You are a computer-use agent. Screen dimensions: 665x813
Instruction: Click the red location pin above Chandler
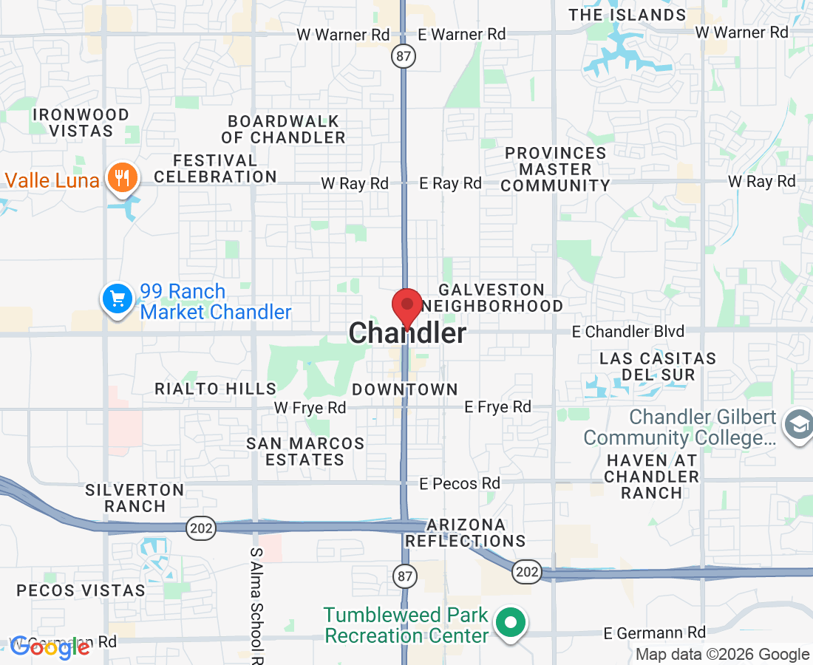406,305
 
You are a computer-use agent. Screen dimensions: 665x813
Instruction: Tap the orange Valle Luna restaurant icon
120,178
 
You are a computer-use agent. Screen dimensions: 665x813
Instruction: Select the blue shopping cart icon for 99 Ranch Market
118,299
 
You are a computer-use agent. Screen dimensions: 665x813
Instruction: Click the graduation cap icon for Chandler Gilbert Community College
799,427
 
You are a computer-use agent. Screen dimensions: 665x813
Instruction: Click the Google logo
50,647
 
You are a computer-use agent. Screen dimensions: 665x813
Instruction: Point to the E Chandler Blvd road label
628,332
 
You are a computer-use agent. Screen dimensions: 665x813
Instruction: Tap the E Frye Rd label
497,406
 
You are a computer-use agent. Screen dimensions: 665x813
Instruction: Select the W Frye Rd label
310,407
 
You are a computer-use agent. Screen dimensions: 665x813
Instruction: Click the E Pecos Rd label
460,483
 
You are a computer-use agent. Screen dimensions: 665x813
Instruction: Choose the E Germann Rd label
654,632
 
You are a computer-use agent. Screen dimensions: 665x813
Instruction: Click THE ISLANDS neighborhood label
627,15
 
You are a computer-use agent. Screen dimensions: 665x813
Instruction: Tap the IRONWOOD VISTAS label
82,123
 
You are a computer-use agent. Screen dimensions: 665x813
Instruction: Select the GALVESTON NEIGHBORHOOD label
493,298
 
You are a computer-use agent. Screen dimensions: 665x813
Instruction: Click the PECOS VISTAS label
81,590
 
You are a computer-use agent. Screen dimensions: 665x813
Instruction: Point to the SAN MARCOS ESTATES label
305,451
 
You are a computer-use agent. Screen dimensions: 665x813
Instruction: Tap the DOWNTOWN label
405,389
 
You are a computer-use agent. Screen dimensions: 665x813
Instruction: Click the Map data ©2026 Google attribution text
722,654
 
